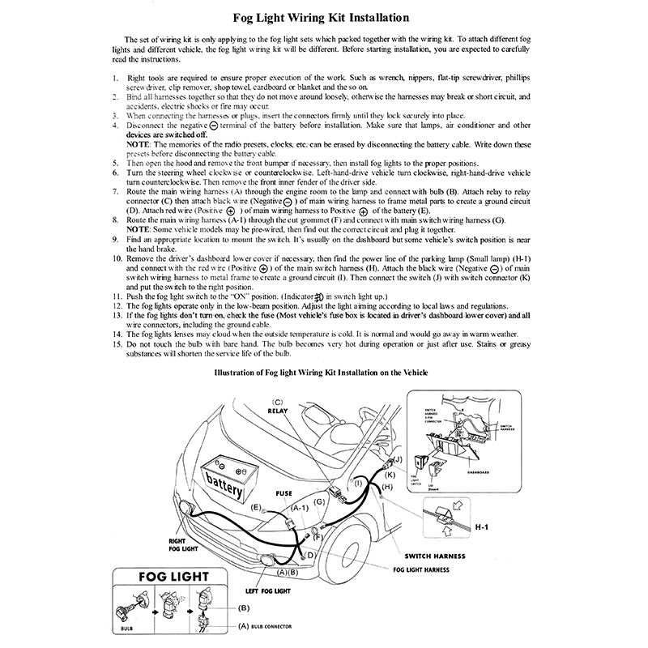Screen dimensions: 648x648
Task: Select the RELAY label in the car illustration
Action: [278, 411]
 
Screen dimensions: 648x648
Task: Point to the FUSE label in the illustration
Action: [284, 492]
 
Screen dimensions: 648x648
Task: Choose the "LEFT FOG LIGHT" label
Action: [270, 591]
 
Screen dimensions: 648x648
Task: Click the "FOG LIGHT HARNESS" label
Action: [421, 569]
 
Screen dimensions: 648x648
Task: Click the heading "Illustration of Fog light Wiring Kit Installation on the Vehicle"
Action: [321, 372]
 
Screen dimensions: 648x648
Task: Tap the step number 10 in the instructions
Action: [117, 258]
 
